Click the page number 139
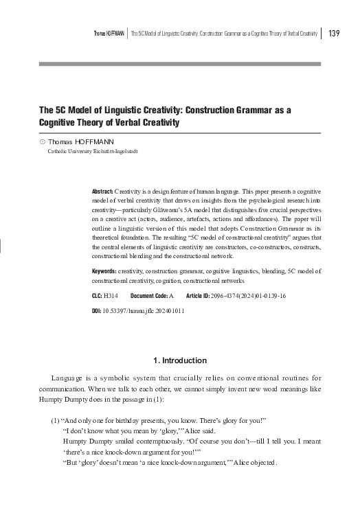coord(335,34)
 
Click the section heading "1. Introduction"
coord(178,360)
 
